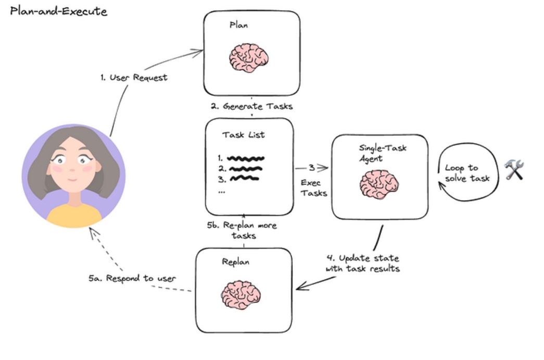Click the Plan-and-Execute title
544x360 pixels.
pyautogui.click(x=59, y=11)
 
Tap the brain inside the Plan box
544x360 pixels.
pyautogui.click(x=248, y=58)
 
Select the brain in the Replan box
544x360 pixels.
pyautogui.click(x=241, y=295)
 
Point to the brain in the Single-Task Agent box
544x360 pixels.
pyautogui.click(x=379, y=184)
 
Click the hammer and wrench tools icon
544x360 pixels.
pyautogui.click(x=514, y=169)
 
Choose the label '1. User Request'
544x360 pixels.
pyautogui.click(x=134, y=78)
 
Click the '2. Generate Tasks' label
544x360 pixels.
pyautogui.click(x=252, y=106)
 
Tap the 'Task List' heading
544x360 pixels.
pyautogui.click(x=244, y=135)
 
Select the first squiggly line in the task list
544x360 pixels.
pyautogui.click(x=246, y=159)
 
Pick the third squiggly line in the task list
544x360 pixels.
pyautogui.click(x=245, y=179)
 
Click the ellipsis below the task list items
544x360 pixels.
pyautogui.click(x=222, y=192)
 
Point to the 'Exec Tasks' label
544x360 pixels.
pyautogui.click(x=313, y=188)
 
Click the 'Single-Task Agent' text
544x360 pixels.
pyautogui.click(x=382, y=153)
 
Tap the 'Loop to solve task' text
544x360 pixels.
pyautogui.click(x=467, y=173)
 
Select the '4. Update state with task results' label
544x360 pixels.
pyautogui.click(x=362, y=263)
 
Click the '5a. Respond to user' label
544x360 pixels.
pyautogui.click(x=132, y=278)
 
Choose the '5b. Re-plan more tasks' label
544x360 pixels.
pyautogui.click(x=242, y=230)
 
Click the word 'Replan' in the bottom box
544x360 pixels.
pyautogui.click(x=236, y=262)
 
